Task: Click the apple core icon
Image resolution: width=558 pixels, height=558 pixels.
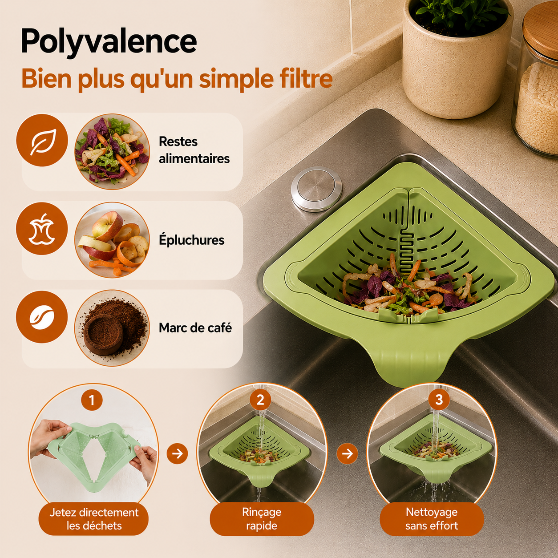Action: [42, 229]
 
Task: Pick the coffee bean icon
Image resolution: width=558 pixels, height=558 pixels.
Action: [42, 317]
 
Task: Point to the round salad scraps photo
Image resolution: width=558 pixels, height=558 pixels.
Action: [112, 152]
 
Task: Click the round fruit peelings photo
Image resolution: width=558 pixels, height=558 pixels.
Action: [112, 240]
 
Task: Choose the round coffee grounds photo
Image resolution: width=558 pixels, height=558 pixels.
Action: [112, 328]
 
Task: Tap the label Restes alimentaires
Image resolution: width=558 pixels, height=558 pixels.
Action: [194, 150]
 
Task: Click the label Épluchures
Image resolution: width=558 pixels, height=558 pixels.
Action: [192, 240]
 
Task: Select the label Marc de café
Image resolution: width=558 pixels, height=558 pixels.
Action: [195, 328]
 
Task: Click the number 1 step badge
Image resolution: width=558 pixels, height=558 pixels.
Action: [92, 400]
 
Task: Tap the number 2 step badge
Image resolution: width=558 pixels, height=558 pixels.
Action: [260, 400]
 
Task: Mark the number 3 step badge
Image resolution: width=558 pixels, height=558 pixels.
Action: [439, 400]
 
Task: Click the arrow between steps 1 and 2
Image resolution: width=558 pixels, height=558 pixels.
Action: [177, 453]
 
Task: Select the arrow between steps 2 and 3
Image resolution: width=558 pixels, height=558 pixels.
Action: [348, 453]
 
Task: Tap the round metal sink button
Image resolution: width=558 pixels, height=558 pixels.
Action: [316, 189]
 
